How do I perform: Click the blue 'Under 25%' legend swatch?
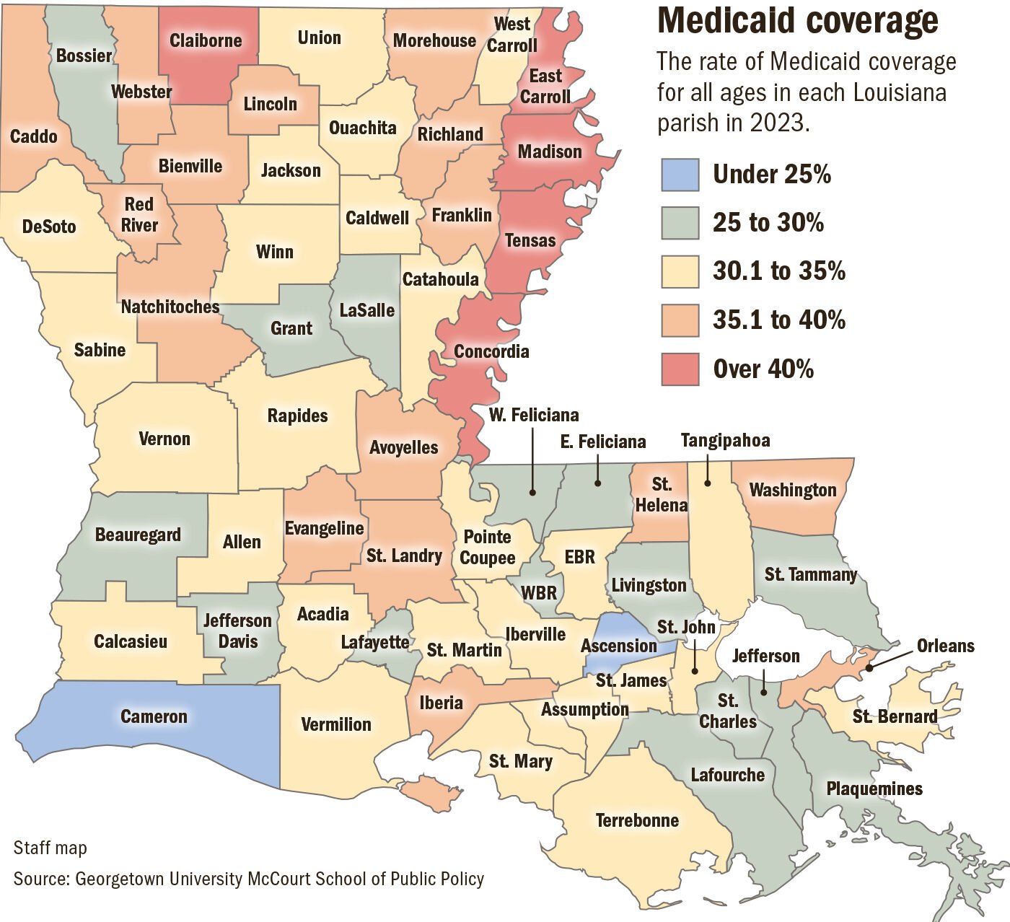(680, 175)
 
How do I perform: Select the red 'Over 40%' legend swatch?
(680, 369)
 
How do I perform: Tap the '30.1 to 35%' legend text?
(778, 271)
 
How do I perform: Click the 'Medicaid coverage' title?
(797, 22)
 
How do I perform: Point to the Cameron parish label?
(154, 716)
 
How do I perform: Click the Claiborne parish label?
(206, 40)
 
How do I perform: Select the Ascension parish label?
(618, 646)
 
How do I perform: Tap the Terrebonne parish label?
(637, 820)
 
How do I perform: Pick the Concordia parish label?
(491, 351)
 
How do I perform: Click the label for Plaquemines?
(874, 789)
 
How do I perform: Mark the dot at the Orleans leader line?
(869, 668)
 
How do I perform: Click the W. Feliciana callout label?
(534, 415)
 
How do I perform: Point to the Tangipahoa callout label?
(725, 440)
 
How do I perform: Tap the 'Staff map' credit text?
(50, 848)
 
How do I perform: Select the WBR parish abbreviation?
(539, 593)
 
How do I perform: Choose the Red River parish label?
(139, 215)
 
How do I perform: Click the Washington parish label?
(792, 490)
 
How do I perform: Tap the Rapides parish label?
(297, 416)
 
